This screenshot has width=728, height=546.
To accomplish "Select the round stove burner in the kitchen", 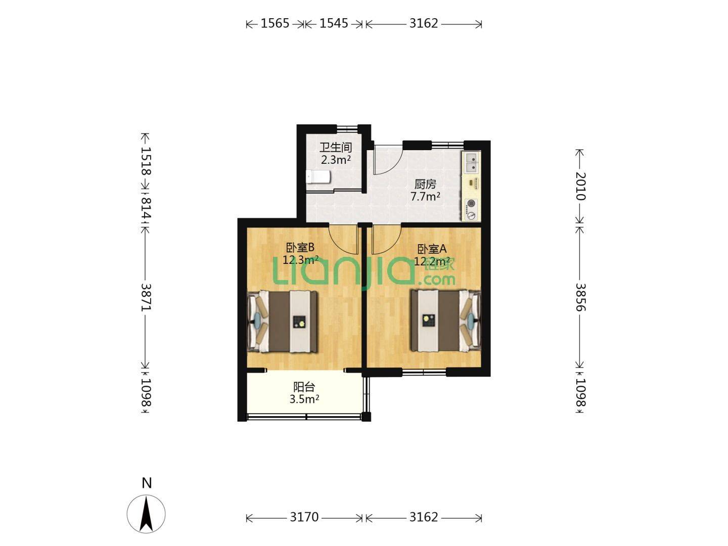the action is coord(471,204).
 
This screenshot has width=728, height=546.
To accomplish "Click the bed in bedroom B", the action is coord(283,321).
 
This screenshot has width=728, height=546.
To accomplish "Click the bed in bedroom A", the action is coord(445,321).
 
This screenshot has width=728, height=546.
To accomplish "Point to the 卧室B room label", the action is coord(300,247).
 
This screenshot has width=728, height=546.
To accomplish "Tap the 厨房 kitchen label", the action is coord(425,184).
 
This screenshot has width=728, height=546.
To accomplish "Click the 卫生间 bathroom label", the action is coord(336,148).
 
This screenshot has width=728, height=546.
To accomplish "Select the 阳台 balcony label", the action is coord(304,387).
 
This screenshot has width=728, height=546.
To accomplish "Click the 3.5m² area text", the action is coord(304,399).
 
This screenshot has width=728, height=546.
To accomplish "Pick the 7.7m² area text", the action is coord(426,197).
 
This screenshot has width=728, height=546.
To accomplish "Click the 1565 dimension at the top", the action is coord(275,24).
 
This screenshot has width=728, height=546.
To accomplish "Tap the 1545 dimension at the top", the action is coord(334,24).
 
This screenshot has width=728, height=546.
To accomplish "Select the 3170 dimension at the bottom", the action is coord(304,517).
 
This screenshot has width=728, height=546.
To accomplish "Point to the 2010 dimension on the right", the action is coord(580,187).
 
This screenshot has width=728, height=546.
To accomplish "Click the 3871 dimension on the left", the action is coord(146,297).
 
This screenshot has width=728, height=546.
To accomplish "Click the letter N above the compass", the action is coord(147,483).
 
